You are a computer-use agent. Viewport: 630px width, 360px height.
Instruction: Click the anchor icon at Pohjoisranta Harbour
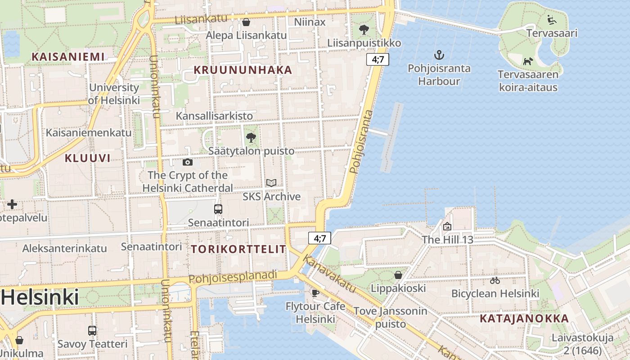pos(439,55)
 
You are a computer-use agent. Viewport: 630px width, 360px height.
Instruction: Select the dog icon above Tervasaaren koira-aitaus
pos(527,61)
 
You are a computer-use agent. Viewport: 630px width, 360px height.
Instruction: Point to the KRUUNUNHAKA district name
pos(243,70)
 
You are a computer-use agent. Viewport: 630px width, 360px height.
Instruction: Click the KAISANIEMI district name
pos(68,57)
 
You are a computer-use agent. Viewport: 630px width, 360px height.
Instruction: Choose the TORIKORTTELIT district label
pos(238,249)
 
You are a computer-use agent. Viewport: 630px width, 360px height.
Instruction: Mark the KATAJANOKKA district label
pos(524,319)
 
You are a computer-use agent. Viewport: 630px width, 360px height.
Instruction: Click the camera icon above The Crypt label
pos(188,162)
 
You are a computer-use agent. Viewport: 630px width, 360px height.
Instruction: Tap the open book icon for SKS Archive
pos(271,183)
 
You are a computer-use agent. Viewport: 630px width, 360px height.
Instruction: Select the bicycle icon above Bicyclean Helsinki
pos(495,280)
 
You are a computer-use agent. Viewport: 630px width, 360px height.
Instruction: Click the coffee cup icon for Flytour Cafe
pos(315,293)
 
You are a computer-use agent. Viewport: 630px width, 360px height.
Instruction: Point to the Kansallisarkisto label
pos(214,116)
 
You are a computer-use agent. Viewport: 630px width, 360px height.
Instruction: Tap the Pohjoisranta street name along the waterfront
pos(361,142)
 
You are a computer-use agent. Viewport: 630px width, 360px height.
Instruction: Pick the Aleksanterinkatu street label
pos(65,248)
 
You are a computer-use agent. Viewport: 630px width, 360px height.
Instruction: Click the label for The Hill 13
pos(447,239)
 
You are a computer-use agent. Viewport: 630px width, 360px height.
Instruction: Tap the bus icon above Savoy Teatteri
pos(92,330)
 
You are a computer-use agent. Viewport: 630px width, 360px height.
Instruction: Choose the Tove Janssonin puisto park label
pos(390,317)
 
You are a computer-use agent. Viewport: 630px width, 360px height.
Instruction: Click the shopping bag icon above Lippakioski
pos(398,274)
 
